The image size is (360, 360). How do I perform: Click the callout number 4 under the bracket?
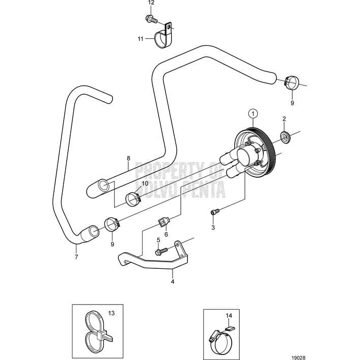[x=173, y=281]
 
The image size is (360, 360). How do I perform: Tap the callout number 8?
[x=128, y=158]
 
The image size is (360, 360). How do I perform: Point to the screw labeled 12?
[x=151, y=19]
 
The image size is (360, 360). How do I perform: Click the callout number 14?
[x=229, y=316]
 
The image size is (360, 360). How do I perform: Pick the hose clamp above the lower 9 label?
[x=112, y=224]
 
